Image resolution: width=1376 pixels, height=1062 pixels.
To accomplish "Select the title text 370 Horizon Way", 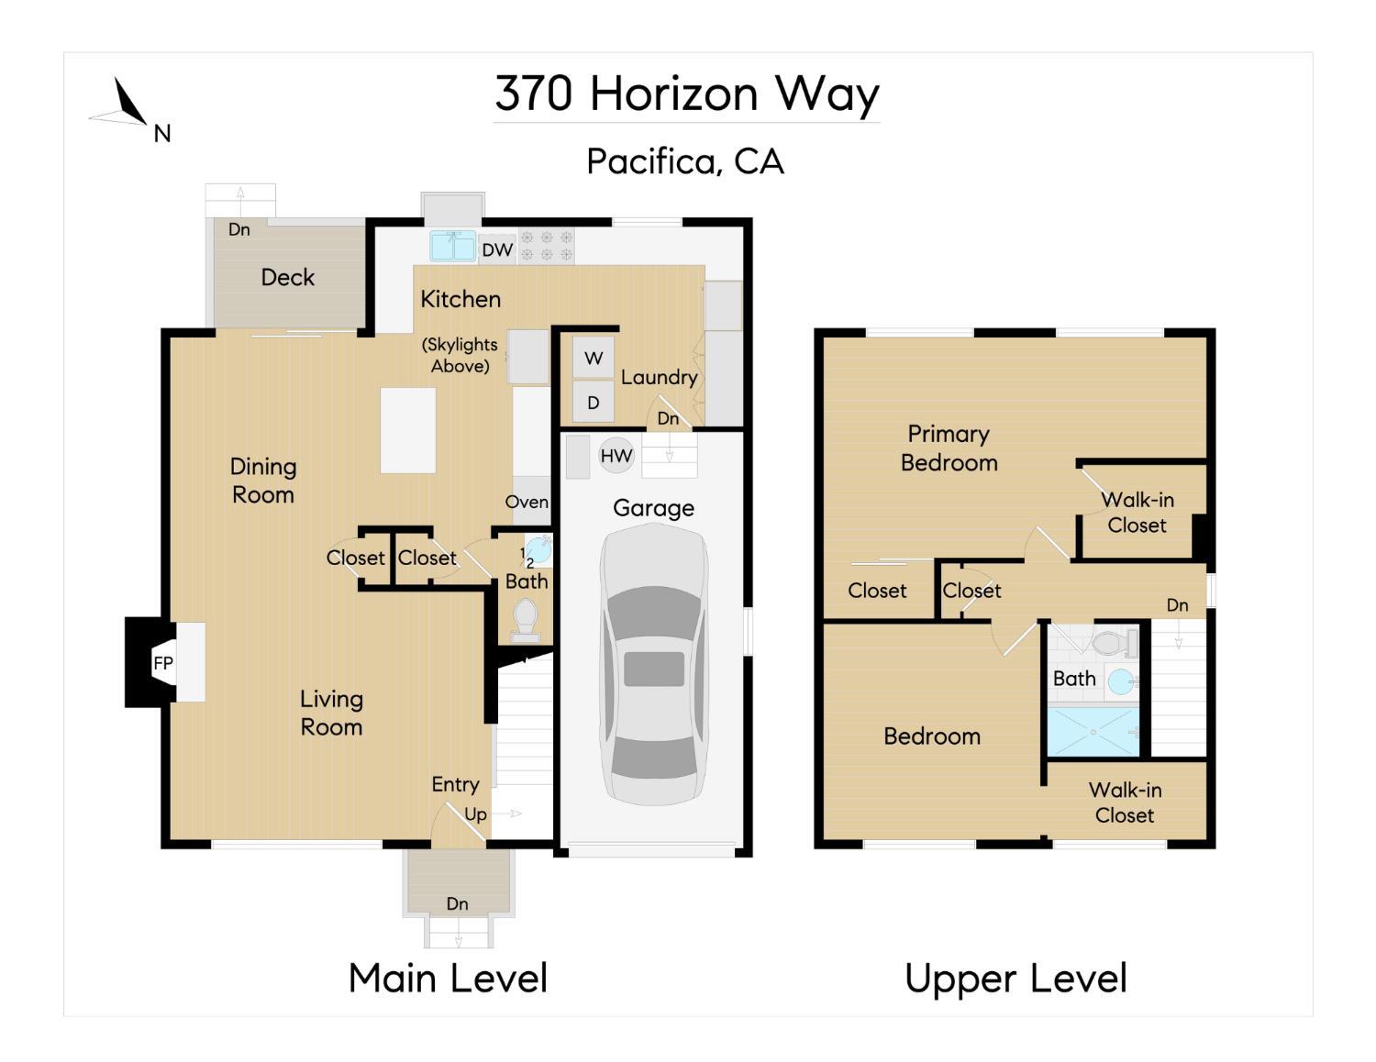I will click(686, 94).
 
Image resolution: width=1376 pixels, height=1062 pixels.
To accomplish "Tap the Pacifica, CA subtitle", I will click(685, 161).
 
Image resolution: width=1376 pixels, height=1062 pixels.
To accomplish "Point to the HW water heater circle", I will click(616, 456).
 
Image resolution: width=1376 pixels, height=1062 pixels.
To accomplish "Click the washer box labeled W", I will click(594, 359).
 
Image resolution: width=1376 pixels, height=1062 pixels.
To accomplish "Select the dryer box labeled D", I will click(594, 403).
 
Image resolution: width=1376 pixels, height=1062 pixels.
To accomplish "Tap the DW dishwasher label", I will click(497, 249).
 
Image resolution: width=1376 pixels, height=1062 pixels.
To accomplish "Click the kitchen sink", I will click(453, 247).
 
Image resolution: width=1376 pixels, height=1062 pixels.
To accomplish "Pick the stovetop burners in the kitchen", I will click(547, 246).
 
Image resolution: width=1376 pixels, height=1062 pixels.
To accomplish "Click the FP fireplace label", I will click(163, 663).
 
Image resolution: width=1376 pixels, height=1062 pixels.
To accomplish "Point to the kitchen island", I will click(408, 430).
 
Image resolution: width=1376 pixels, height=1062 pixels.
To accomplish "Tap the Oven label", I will click(527, 502).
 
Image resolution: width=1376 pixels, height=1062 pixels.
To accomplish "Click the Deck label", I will click(287, 277).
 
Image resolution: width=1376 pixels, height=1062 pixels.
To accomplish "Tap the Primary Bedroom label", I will click(949, 448).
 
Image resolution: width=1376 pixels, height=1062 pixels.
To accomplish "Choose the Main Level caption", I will click(448, 979).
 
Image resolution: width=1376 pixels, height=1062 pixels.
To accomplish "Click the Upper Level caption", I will click(1015, 979).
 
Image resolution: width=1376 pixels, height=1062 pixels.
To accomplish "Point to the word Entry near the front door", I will click(455, 784).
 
